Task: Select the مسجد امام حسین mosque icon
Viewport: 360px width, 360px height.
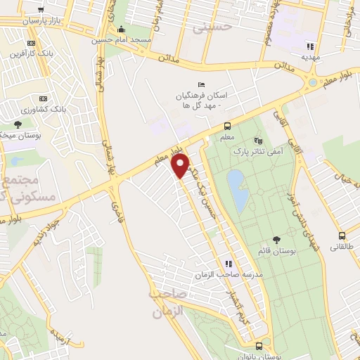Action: pos(123,29)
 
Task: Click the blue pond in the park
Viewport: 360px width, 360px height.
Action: pos(238,190)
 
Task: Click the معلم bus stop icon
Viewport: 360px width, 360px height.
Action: pos(227,126)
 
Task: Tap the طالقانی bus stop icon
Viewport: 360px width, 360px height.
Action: pos(342,236)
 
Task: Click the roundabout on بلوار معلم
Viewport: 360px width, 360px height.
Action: pos(312,83)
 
